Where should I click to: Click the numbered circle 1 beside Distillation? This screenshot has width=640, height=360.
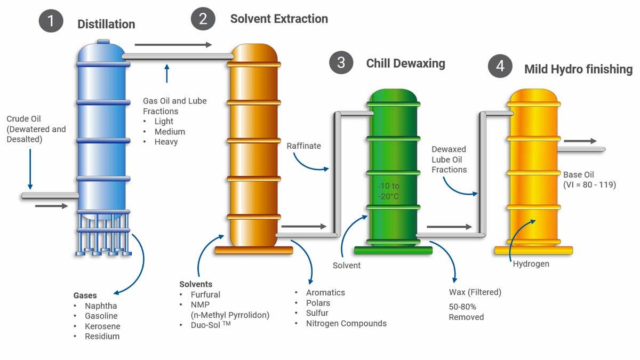tap(51, 21)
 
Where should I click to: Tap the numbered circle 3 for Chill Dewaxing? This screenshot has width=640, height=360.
tap(341, 62)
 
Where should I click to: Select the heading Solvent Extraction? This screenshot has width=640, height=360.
tap(279, 19)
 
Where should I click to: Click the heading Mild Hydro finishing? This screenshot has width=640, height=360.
tap(578, 69)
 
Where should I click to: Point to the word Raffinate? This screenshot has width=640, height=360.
tap(303, 146)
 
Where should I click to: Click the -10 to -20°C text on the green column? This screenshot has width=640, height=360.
tap(388, 191)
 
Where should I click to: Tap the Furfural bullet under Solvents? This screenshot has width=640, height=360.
tap(205, 294)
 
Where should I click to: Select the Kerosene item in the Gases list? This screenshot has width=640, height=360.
tap(102, 326)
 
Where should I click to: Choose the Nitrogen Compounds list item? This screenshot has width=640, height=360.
tap(346, 323)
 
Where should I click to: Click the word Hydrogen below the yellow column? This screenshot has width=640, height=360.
tap(531, 263)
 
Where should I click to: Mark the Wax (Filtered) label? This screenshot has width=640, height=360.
tap(475, 292)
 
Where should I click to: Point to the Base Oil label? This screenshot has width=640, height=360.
tap(578, 174)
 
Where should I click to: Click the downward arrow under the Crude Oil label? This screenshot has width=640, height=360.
tap(30, 169)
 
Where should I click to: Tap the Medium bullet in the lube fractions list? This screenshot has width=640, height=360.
tap(170, 131)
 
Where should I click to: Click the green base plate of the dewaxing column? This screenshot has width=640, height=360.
tap(393, 250)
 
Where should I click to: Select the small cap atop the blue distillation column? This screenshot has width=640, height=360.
tap(103, 42)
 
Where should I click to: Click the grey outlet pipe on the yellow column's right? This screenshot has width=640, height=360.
tap(581, 149)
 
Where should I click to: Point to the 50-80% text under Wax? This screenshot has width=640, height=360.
tap(462, 307)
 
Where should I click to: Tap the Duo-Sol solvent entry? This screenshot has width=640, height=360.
tap(211, 325)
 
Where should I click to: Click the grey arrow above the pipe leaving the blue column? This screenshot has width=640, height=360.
tap(173, 45)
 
